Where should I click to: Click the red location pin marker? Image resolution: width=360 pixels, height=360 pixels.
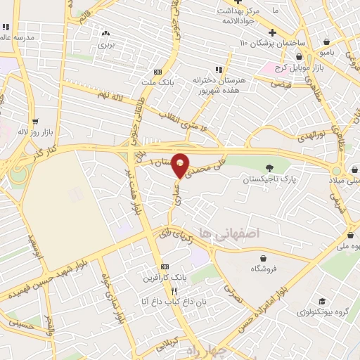click(181, 165)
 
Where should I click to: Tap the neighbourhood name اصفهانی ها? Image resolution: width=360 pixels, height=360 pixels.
click(229, 232)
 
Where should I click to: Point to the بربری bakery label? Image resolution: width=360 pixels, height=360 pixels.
click(105, 44)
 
